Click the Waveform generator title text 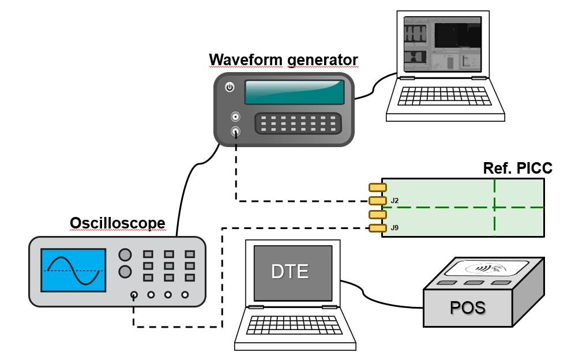(x=283, y=60)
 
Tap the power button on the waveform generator (x=230, y=88)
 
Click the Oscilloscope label (x=117, y=223)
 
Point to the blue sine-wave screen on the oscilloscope (x=73, y=270)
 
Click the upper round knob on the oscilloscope (x=125, y=255)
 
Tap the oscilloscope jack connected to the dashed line (x=134, y=295)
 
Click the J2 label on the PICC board (x=394, y=201)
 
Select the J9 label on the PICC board (x=394, y=228)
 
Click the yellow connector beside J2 (x=377, y=201)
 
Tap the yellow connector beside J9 (x=377, y=228)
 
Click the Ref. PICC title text (x=517, y=168)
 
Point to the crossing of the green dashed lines (x=494, y=207)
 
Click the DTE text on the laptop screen (x=290, y=272)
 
